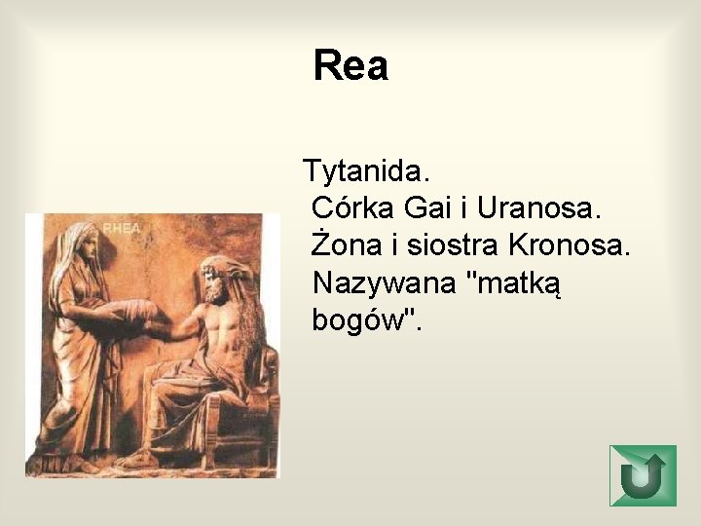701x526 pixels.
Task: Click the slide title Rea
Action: pos(350,66)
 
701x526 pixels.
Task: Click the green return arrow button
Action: pos(642,475)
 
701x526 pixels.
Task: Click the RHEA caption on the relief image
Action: pos(122,228)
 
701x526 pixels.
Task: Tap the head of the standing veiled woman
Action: pos(86,244)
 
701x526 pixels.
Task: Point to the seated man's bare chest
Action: pos(222,326)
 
